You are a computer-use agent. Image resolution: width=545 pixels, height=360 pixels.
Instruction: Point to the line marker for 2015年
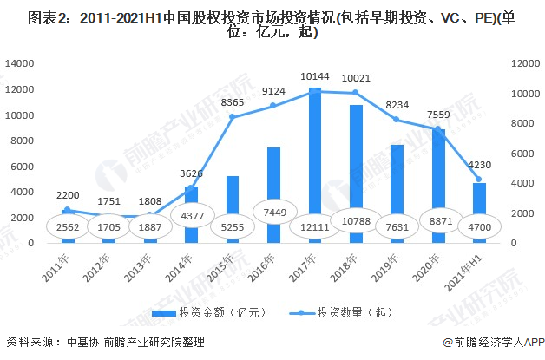tap(233, 117)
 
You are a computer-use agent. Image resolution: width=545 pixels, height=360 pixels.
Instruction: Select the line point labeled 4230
tap(478, 180)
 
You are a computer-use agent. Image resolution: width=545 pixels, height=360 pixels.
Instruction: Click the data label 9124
tap(273, 91)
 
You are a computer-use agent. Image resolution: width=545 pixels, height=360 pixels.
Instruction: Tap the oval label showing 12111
tap(315, 227)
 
